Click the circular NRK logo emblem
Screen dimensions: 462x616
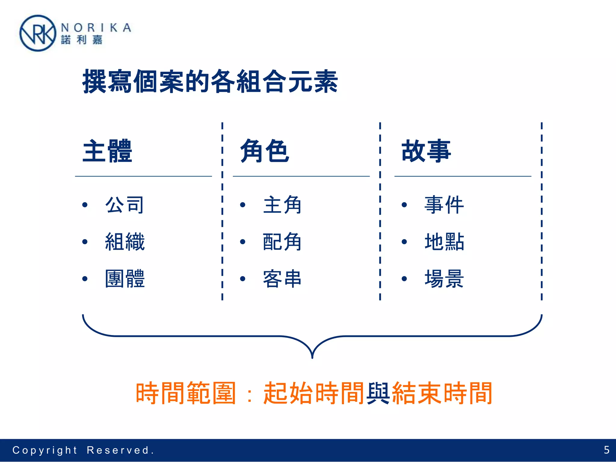(x=38, y=33)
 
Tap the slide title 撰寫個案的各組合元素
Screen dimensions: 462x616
(x=210, y=82)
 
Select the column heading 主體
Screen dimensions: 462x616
(x=107, y=151)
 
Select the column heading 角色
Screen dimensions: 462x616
(x=265, y=151)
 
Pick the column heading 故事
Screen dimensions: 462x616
(x=426, y=151)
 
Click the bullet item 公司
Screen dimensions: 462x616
(x=125, y=205)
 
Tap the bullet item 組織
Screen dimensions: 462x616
(x=125, y=242)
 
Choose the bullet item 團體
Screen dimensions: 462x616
(x=125, y=279)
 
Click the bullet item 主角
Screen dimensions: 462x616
(x=282, y=205)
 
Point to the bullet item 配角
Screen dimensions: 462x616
(x=282, y=242)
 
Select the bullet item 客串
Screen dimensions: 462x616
(x=282, y=279)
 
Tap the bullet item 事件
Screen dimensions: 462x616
(x=444, y=205)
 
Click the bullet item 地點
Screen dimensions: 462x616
(x=444, y=242)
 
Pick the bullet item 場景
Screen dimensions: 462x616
(x=444, y=279)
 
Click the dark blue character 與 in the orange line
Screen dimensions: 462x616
(x=378, y=393)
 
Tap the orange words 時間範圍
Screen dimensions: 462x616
(x=185, y=393)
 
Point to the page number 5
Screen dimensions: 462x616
(x=607, y=450)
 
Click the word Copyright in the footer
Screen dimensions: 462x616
(x=45, y=450)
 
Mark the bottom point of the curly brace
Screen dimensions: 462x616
(x=312, y=357)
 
